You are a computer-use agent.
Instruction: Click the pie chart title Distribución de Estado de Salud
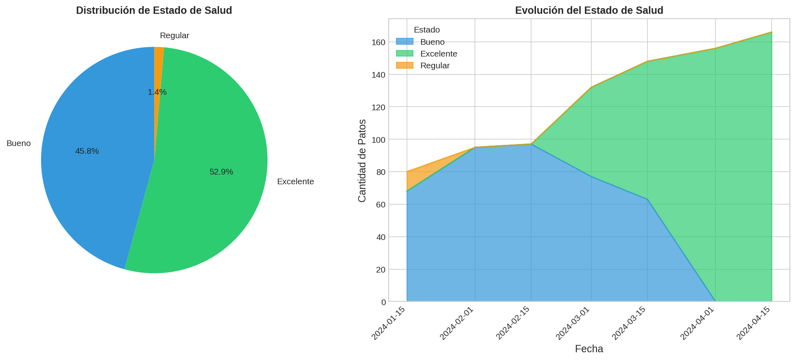(x=154, y=11)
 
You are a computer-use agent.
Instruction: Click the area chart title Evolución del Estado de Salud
(x=589, y=11)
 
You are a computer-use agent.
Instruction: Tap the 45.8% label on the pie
(x=87, y=151)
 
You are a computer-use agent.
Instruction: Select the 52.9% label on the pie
(x=221, y=172)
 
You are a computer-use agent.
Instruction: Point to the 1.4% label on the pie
(x=157, y=92)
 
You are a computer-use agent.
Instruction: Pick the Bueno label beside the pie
(x=19, y=143)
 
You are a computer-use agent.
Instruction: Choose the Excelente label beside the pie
(x=295, y=181)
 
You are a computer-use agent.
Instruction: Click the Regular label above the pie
(x=175, y=35)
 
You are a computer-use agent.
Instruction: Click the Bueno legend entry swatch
(x=405, y=42)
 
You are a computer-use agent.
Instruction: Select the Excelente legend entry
(x=439, y=54)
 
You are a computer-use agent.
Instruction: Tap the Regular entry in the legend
(x=435, y=65)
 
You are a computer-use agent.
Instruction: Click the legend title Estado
(x=426, y=30)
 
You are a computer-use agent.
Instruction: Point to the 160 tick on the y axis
(x=378, y=42)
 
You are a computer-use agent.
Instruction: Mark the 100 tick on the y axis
(x=378, y=140)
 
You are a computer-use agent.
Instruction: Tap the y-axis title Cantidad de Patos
(x=362, y=160)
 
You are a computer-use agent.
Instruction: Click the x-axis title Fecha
(x=589, y=349)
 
